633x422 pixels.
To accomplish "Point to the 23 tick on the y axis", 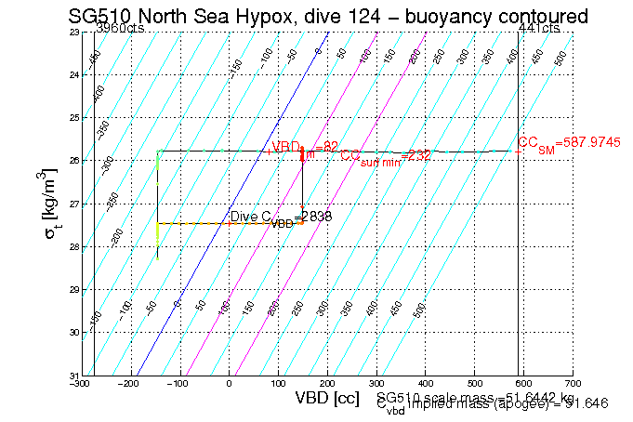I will [74, 33].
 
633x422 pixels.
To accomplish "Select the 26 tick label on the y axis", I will [74, 161].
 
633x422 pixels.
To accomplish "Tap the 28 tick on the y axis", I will [74, 246].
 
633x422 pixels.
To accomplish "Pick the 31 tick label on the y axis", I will [74, 375].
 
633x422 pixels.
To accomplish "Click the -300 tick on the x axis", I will [82, 382].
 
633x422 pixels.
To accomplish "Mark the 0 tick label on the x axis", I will [229, 382].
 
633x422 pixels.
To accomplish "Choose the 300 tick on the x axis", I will [376, 382].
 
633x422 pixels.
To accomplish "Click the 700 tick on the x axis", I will [573, 382].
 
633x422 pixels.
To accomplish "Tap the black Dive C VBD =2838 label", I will [280, 218].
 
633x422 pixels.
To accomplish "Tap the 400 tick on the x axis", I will [426, 382].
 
